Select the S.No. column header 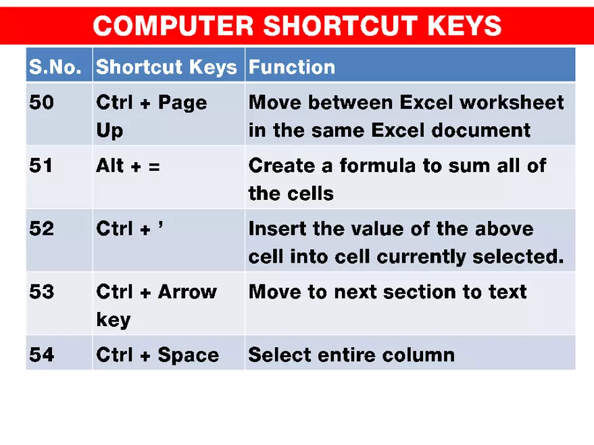point(55,67)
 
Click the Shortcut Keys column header point(166,67)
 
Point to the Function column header point(291,67)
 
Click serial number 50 point(42,103)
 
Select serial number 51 point(41,165)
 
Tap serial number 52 point(42,229)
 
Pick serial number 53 point(42,292)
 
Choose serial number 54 point(42,355)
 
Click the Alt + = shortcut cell point(128,165)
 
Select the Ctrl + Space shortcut point(157,355)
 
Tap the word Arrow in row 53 point(187,292)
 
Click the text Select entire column point(351,355)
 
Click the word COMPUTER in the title point(172,26)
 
